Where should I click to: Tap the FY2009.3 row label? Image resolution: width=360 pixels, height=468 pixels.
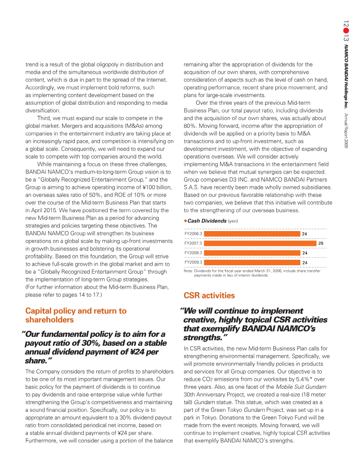(x=193, y=262)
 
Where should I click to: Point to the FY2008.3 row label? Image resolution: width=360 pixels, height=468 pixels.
(x=193, y=253)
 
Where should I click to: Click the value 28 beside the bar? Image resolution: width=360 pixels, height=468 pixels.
(x=321, y=243)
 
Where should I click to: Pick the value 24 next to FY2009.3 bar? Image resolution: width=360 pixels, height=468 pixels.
(x=305, y=262)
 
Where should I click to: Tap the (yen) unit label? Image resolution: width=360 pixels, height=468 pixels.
(x=233, y=221)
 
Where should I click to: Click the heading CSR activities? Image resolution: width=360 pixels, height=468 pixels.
(x=209, y=295)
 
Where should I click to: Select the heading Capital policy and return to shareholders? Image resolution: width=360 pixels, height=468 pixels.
(x=76, y=315)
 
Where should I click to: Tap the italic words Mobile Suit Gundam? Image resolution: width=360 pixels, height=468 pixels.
(x=290, y=387)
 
